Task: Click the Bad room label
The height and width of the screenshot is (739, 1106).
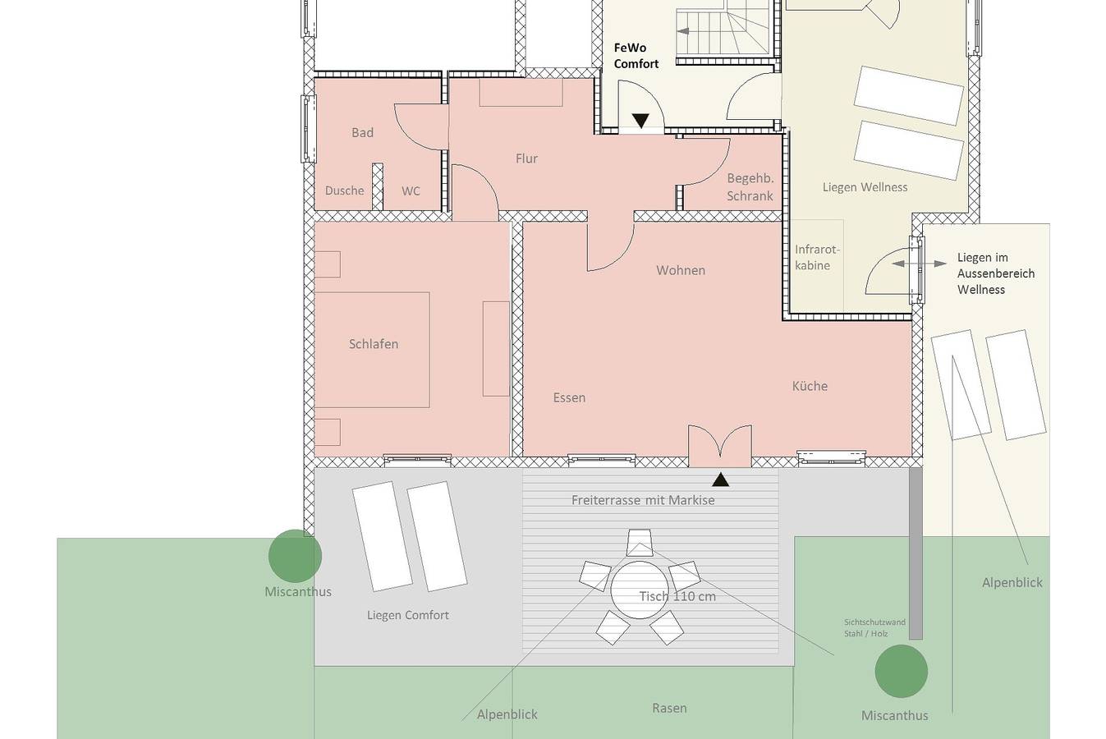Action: click(x=362, y=132)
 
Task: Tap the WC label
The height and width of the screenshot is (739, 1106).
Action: click(x=411, y=190)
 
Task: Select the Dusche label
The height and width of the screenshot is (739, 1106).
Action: click(x=344, y=190)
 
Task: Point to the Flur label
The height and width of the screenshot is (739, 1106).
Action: click(x=526, y=158)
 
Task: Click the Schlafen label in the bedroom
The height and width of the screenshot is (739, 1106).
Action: click(x=374, y=344)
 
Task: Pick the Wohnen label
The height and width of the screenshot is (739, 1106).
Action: click(x=681, y=270)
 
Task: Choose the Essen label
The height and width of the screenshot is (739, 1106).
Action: click(x=569, y=397)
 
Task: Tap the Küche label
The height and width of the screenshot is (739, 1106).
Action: click(x=810, y=386)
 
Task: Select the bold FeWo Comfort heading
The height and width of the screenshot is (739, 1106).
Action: click(x=636, y=55)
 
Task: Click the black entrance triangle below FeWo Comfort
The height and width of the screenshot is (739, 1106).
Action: click(x=640, y=121)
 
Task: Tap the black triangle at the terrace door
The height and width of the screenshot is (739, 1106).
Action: click(x=721, y=480)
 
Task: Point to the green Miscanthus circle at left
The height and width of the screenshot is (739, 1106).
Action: click(x=295, y=556)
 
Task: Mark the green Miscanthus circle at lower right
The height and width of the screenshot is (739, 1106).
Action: click(x=901, y=671)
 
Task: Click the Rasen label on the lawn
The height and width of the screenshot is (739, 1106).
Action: click(x=669, y=708)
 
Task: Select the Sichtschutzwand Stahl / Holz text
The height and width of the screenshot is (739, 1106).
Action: click(x=874, y=627)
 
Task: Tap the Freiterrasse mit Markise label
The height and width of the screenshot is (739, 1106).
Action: click(x=643, y=500)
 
